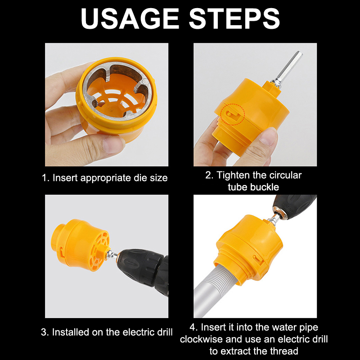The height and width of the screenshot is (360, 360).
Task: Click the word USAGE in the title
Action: (130, 18)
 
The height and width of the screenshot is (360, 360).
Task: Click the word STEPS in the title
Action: (234, 18)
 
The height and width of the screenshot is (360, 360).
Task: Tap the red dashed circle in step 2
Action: (233, 114)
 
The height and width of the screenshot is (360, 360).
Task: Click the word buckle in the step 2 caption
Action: (265, 187)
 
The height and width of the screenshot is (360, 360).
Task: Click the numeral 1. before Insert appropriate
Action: (46, 178)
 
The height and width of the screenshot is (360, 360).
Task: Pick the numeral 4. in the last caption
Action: (194, 328)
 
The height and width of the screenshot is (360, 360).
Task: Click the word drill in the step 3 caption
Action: (165, 332)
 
